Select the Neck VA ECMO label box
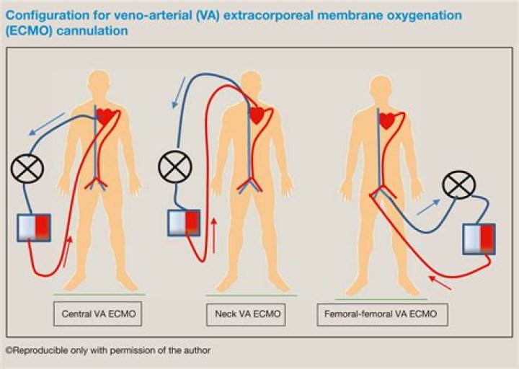click(247, 314)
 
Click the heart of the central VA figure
click(105, 115)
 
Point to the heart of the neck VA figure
click(257, 115)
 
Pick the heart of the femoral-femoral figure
click(387, 120)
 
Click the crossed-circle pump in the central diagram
click(27, 169)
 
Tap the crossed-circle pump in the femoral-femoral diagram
click(458, 185)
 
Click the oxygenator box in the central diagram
click(33, 227)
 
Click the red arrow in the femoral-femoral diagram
click(440, 283)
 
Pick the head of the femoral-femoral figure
click(382, 89)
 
